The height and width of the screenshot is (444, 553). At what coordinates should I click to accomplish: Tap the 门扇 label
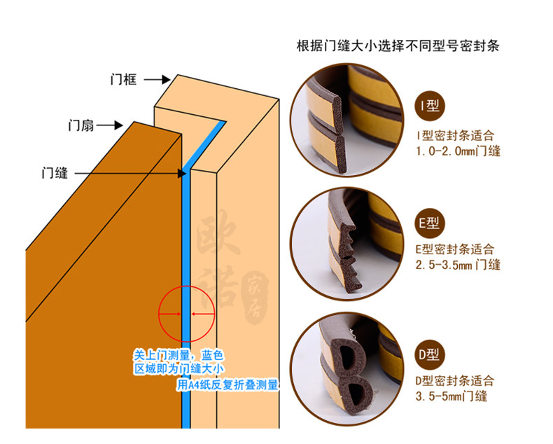pyautogui.click(x=80, y=126)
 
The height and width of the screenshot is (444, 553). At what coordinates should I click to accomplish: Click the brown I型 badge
pyautogui.click(x=428, y=106)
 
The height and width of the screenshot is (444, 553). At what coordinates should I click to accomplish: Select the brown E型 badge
pyautogui.click(x=428, y=223)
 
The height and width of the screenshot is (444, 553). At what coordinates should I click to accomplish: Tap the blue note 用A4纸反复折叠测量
pyautogui.click(x=227, y=384)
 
